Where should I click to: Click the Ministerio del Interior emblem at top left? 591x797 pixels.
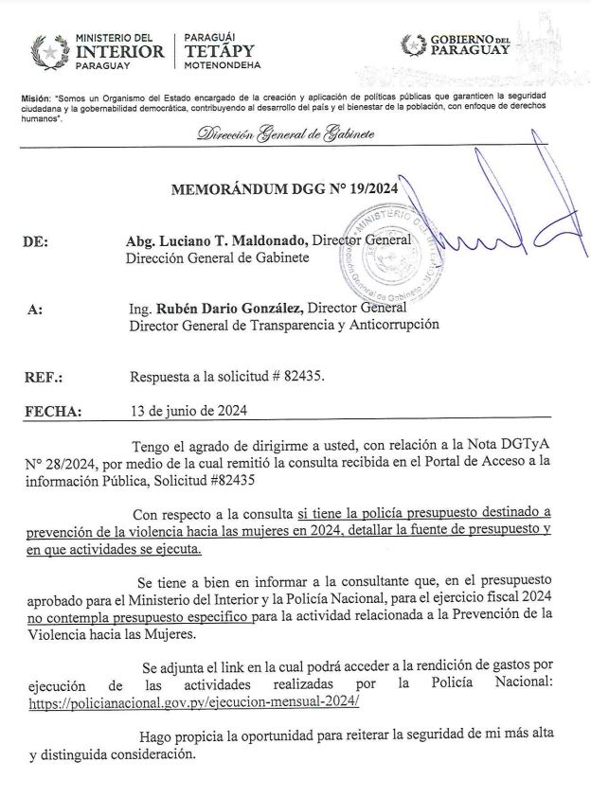pyautogui.click(x=47, y=48)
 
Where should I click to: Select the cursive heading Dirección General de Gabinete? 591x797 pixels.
pyautogui.click(x=285, y=134)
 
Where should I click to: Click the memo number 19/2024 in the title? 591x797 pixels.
pyautogui.click(x=369, y=188)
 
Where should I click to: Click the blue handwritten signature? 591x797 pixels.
pyautogui.click(x=502, y=232)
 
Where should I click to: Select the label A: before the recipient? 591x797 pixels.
pyautogui.click(x=36, y=309)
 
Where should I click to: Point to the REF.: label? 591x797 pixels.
pyautogui.click(x=44, y=377)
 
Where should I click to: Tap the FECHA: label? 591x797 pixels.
pyautogui.click(x=52, y=412)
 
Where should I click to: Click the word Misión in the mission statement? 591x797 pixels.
pyautogui.click(x=35, y=98)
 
